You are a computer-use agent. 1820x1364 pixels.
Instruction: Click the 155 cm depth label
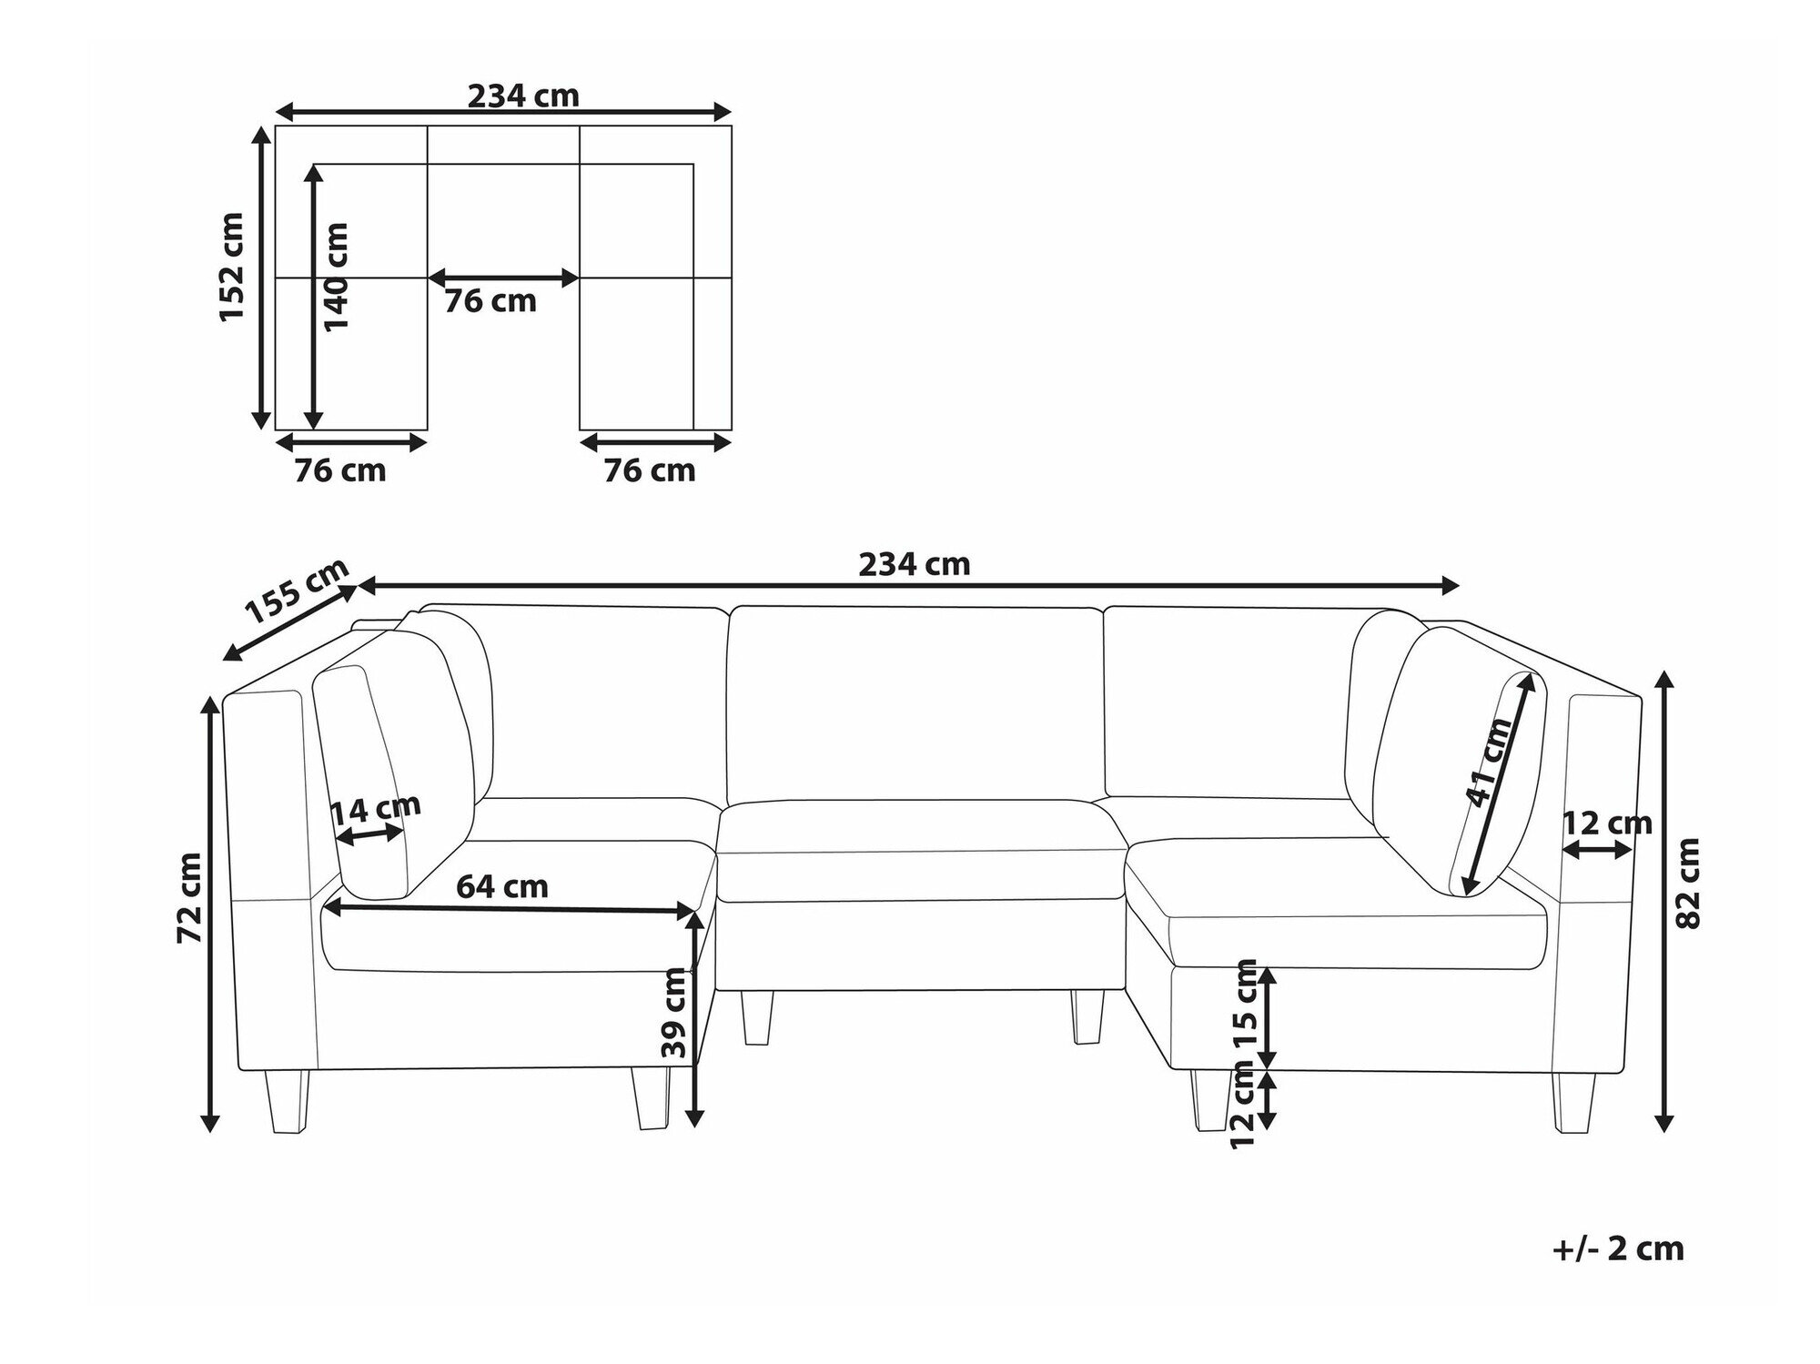click(298, 590)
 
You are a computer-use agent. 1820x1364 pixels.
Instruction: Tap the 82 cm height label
click(1688, 882)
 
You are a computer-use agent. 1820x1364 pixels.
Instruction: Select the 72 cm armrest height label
click(191, 897)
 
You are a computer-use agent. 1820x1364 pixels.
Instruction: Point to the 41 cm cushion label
click(1489, 762)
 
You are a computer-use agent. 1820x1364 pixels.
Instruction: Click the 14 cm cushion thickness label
click(375, 806)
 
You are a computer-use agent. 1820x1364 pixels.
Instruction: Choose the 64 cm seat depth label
click(502, 885)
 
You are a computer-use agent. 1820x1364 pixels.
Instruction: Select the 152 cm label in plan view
click(232, 266)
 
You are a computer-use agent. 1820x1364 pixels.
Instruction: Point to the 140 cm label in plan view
click(335, 277)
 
